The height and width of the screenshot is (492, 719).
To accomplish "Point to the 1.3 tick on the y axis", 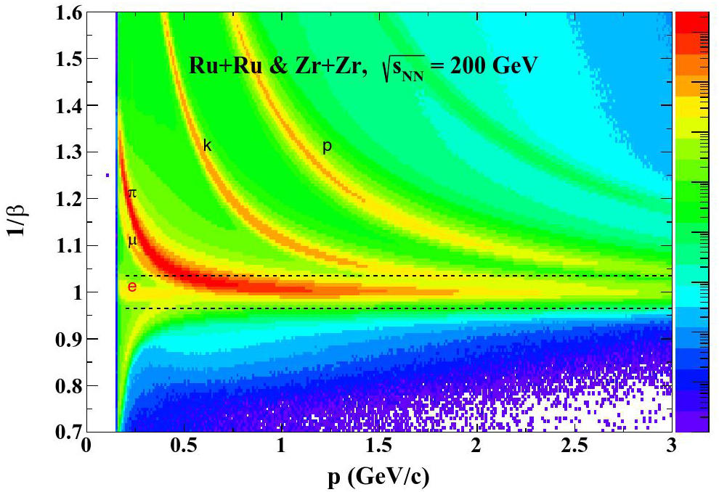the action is (x=69, y=152).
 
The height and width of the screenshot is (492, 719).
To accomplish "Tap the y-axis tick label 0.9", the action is (x=69, y=339).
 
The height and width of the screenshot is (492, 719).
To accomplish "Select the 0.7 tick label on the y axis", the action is (x=69, y=432).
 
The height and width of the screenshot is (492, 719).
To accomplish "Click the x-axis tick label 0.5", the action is (x=184, y=446).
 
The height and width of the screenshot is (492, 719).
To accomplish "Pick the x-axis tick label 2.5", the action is (x=574, y=446).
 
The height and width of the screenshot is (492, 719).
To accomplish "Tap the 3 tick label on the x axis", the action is (x=672, y=446).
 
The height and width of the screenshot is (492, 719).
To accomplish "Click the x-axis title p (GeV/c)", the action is (x=379, y=477).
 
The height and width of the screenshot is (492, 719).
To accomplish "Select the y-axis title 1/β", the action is (x=17, y=222).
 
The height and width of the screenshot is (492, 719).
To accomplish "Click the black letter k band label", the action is (x=207, y=146).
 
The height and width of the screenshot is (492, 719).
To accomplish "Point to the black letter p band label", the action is (x=327, y=147).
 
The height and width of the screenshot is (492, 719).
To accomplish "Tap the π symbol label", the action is (x=132, y=193).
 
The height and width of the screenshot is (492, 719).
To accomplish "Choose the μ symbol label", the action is (x=132, y=241).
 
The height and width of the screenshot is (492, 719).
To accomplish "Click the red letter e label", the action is (x=132, y=287).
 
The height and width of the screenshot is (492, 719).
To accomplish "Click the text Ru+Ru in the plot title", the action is (x=226, y=67).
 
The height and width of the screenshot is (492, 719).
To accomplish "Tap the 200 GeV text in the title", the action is (x=493, y=67).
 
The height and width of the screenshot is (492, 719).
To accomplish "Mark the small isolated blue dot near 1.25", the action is (x=107, y=175).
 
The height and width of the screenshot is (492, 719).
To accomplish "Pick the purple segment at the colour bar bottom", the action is (x=692, y=422).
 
